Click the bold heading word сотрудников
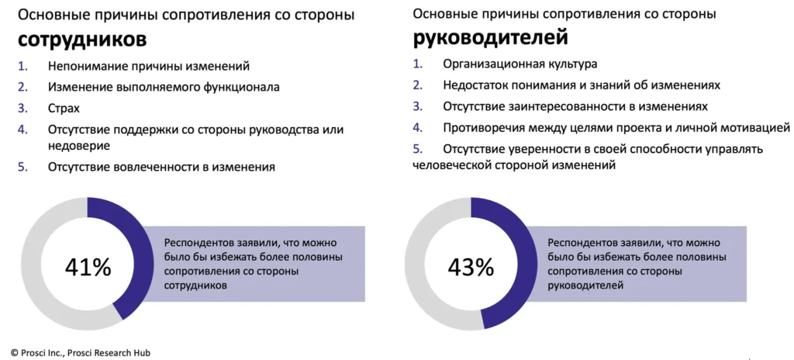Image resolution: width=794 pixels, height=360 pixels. (x=82, y=40)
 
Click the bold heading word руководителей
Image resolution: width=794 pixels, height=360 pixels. (x=491, y=38)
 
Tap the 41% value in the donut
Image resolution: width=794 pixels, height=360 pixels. (x=88, y=268)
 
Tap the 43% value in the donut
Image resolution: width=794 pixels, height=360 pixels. (x=471, y=268)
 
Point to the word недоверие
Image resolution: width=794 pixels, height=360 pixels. (x=80, y=146)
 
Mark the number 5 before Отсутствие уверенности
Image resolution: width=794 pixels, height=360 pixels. (x=417, y=150)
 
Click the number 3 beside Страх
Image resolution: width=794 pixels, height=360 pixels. (x=22, y=109)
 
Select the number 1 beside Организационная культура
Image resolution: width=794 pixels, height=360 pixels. (x=416, y=64)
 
